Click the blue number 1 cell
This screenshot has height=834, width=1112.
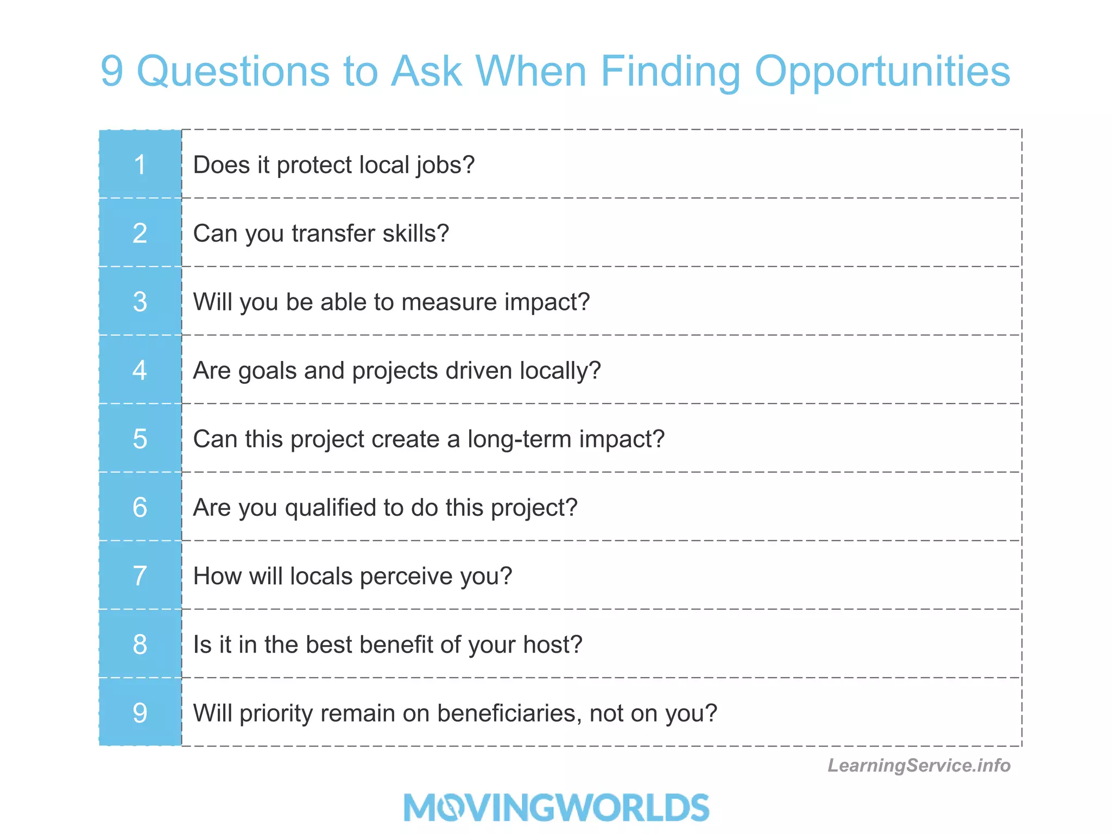tap(140, 165)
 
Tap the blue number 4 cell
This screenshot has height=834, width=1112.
tap(140, 370)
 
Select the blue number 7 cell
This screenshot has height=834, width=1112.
tap(140, 576)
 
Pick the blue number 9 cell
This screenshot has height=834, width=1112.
tap(140, 712)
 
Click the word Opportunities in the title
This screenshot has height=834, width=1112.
tap(882, 72)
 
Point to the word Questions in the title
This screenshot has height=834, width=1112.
tap(233, 72)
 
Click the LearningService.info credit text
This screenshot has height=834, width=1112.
tap(919, 765)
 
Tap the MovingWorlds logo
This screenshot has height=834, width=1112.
tap(556, 807)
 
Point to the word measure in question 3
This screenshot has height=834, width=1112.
tap(449, 302)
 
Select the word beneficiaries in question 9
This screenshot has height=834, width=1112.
tap(509, 713)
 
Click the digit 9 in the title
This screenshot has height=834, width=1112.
tap(112, 72)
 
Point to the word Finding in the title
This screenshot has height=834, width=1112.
tap(671, 72)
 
